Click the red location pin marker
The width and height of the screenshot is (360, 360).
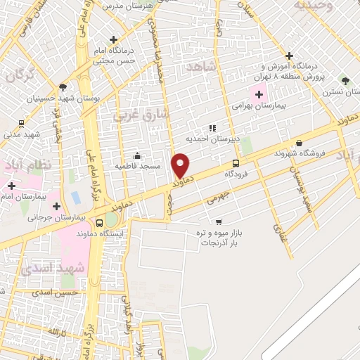pyautogui.click(x=181, y=165)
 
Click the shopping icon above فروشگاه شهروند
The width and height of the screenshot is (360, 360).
pyautogui.click(x=299, y=143)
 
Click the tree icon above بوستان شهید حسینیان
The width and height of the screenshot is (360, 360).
pyautogui.click(x=63, y=87)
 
